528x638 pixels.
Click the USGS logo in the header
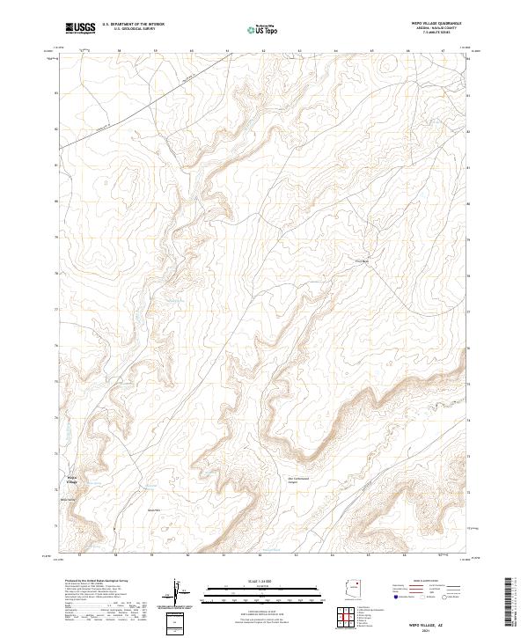80,28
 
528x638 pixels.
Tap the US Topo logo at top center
263,29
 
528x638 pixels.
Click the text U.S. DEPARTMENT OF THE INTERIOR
133,25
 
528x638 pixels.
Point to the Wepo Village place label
72,480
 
